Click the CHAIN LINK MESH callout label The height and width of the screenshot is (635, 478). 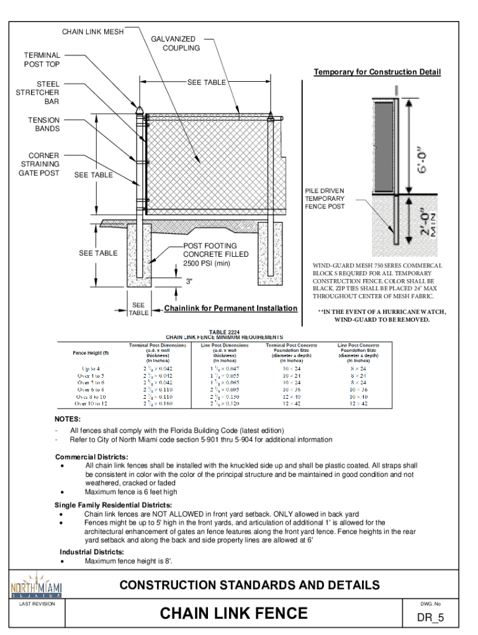[x=92, y=32]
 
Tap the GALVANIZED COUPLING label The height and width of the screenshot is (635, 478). [x=181, y=43]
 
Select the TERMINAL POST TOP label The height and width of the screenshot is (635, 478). [x=42, y=60]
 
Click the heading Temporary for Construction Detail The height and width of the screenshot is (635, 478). [x=377, y=73]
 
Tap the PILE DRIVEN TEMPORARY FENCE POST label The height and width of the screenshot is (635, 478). [x=324, y=198]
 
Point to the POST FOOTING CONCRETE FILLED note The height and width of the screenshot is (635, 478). [x=209, y=255]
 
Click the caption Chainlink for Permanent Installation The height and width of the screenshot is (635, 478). [x=230, y=309]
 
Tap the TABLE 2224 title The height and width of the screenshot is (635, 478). [x=224, y=332]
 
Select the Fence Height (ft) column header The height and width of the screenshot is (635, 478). [x=91, y=353]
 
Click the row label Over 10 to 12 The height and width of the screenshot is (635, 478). [x=91, y=404]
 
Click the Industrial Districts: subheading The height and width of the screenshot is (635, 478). [x=91, y=552]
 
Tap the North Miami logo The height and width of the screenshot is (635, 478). [x=37, y=586]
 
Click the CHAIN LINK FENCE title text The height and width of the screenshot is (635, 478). [x=233, y=613]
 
